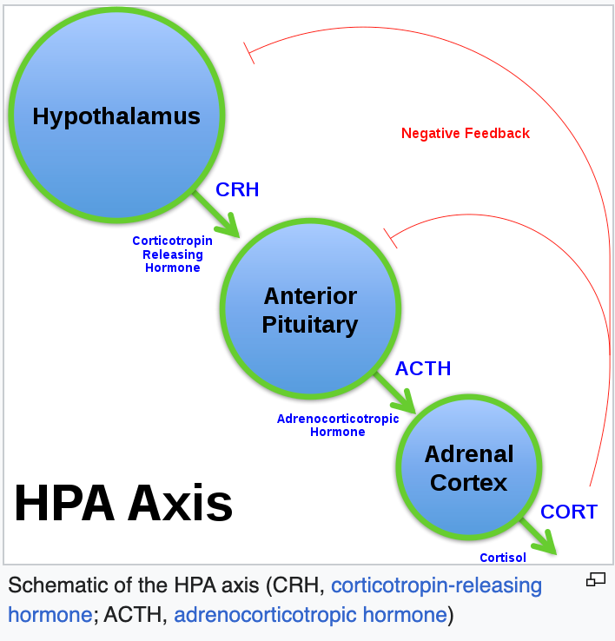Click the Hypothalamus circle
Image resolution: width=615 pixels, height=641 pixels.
pyautogui.click(x=116, y=116)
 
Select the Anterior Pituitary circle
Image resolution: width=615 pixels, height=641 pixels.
pyautogui.click(x=310, y=310)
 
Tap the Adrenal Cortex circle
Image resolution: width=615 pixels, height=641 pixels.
pyautogui.click(x=468, y=468)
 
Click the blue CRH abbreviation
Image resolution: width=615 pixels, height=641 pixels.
pyautogui.click(x=237, y=189)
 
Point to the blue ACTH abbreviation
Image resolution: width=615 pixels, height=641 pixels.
pyautogui.click(x=423, y=368)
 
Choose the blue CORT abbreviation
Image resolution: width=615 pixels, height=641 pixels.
pyautogui.click(x=569, y=512)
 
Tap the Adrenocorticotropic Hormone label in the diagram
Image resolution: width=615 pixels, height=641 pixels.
pyautogui.click(x=338, y=425)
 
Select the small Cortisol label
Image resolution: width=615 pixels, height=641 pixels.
pyautogui.click(x=502, y=558)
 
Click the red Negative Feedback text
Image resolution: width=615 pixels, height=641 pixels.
pyautogui.click(x=465, y=134)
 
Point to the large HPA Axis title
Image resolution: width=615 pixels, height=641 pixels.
pyautogui.click(x=123, y=504)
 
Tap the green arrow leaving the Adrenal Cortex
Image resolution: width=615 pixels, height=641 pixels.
pyautogui.click(x=539, y=536)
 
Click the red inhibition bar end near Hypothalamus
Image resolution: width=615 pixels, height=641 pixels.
pyautogui.click(x=248, y=52)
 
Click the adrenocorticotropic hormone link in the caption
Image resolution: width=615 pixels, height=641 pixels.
pyautogui.click(x=310, y=615)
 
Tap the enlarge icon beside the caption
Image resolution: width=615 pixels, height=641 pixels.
pyautogui.click(x=595, y=579)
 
